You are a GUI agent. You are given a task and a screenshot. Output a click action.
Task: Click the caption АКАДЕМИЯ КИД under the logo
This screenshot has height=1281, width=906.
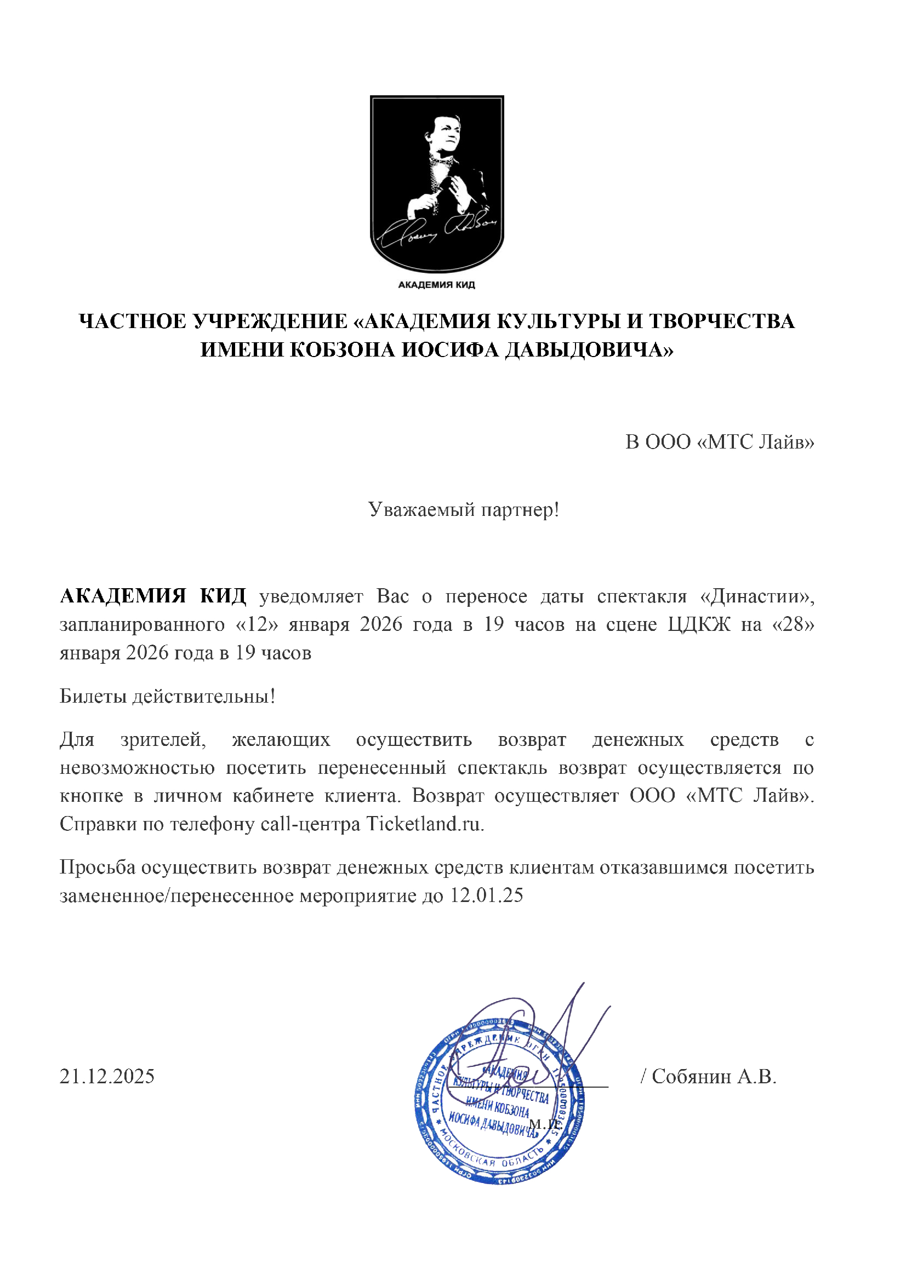(x=436, y=285)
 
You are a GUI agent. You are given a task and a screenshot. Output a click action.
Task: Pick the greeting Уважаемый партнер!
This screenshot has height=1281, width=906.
(x=463, y=509)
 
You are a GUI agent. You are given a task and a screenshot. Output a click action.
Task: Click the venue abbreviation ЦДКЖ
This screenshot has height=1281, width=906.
(x=698, y=624)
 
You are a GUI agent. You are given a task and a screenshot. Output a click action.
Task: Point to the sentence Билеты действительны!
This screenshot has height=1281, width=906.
(x=168, y=696)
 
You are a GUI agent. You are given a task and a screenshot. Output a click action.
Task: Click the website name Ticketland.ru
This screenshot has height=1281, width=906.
(x=424, y=824)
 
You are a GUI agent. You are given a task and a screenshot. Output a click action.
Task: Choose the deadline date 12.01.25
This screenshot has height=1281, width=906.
(x=487, y=895)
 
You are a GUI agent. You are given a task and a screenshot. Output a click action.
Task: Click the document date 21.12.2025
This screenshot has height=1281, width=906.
(x=107, y=1076)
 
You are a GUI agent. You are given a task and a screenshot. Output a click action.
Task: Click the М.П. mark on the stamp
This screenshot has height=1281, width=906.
(x=544, y=1124)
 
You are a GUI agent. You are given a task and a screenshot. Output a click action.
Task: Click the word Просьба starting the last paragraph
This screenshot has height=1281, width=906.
(x=97, y=868)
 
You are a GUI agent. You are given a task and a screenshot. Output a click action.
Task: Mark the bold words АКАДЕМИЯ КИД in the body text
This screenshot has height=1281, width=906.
(x=153, y=596)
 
